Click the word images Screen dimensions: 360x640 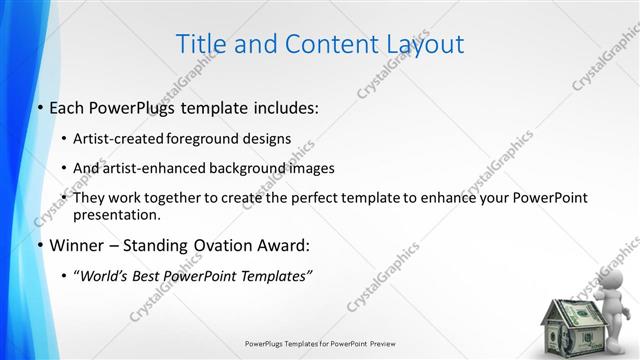point(311,168)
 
